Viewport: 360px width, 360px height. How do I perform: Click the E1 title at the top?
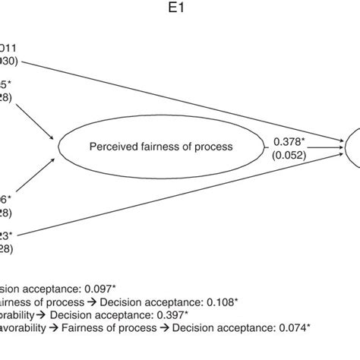point(180,11)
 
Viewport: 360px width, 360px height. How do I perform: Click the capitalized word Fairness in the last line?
point(83,328)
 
